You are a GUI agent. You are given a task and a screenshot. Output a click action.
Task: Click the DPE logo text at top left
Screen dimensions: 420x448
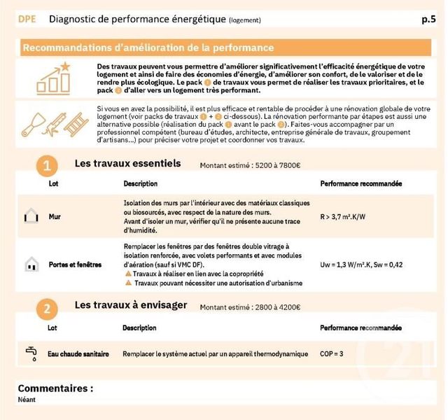click(28, 20)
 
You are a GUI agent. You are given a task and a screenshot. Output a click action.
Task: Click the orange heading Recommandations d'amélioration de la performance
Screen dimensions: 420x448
click(148, 48)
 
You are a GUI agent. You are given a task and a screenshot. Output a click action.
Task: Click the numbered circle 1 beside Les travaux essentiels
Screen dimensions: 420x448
click(47, 166)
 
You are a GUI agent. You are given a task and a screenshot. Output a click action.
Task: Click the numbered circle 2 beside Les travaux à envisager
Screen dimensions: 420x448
click(47, 309)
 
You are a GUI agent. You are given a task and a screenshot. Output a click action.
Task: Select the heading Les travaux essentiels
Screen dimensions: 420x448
click(127, 164)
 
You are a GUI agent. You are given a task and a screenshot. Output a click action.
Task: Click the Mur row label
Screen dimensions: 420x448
click(55, 217)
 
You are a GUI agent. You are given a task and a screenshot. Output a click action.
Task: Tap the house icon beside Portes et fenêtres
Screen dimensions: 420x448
click(31, 265)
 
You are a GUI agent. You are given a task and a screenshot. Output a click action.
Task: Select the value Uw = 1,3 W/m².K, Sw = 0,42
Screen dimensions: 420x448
click(361, 265)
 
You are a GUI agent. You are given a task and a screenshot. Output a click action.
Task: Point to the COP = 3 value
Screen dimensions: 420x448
click(332, 354)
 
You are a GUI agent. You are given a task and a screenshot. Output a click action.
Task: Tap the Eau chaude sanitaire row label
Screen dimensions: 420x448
click(78, 354)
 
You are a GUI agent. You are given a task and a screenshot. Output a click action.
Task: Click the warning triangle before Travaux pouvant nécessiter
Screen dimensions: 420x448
click(127, 283)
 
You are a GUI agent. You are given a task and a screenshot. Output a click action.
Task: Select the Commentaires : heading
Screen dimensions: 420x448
click(55, 388)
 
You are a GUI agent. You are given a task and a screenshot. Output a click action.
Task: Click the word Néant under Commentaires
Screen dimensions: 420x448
click(27, 400)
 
